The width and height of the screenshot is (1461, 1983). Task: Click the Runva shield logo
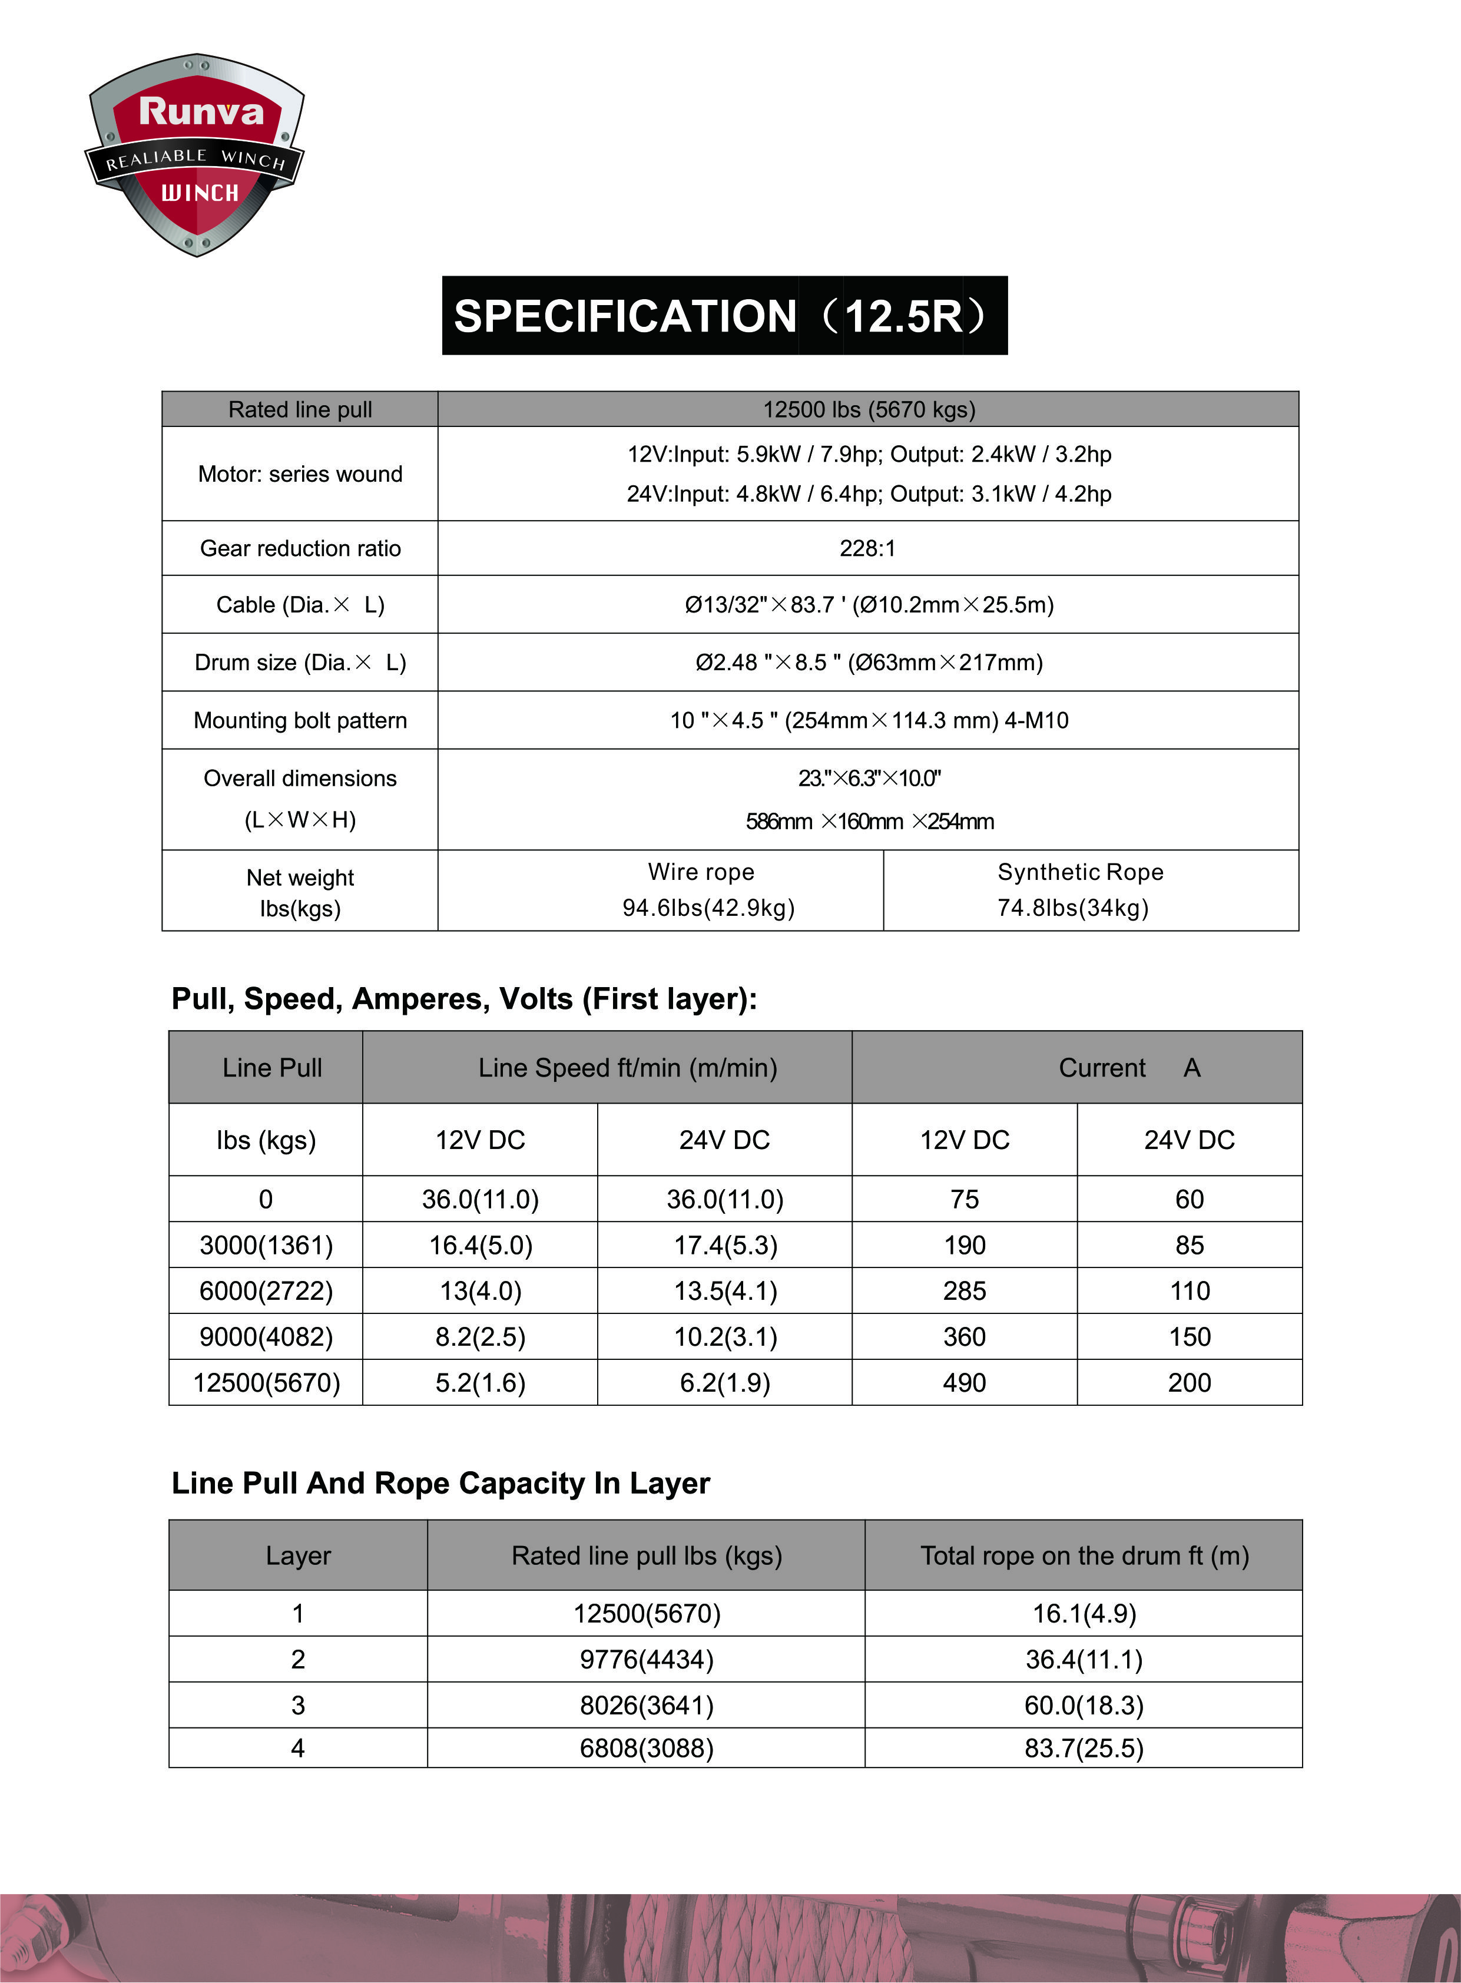click(x=196, y=155)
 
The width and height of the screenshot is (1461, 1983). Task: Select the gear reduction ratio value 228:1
click(x=867, y=548)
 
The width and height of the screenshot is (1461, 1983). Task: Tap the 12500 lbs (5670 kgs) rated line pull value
click(x=869, y=409)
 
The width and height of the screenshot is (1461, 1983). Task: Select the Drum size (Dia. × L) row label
click(x=300, y=663)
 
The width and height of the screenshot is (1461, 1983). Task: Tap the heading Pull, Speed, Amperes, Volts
click(x=463, y=999)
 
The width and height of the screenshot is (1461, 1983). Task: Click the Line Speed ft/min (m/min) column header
click(x=627, y=1068)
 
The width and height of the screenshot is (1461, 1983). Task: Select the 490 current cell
click(x=964, y=1382)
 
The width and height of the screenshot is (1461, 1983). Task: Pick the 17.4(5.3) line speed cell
click(x=725, y=1246)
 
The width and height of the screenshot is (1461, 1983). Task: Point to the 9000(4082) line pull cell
click(x=266, y=1336)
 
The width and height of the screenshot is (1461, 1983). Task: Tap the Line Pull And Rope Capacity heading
click(x=440, y=1483)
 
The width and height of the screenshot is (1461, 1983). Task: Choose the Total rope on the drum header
click(x=1084, y=1556)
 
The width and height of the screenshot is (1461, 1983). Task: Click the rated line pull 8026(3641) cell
click(x=647, y=1705)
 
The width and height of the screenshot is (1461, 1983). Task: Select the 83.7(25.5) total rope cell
click(x=1084, y=1749)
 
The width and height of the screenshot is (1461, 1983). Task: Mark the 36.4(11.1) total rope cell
click(x=1084, y=1659)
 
